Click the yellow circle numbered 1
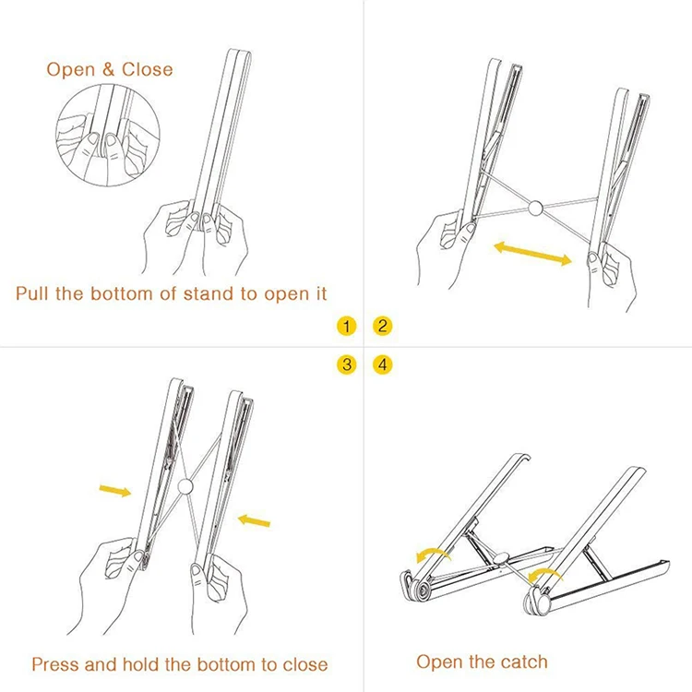346,326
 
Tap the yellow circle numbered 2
382,326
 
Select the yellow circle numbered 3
346,365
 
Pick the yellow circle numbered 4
382,365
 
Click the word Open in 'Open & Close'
71,70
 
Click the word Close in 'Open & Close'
147,69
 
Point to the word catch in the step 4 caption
524,662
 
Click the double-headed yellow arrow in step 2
532,254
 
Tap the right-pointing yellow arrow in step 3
115,490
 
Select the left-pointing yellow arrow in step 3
254,520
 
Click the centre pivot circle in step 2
535,208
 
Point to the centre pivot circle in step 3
185,487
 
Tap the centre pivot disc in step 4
500,558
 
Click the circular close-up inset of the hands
108,135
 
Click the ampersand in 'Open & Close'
108,70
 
